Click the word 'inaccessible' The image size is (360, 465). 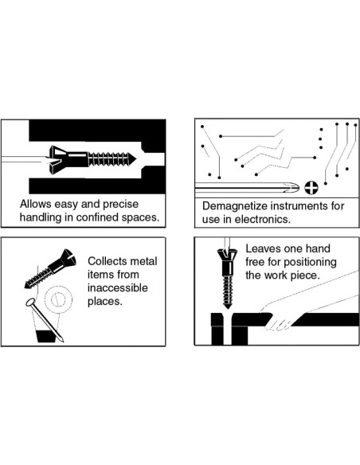(117, 288)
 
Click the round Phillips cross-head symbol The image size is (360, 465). (311, 187)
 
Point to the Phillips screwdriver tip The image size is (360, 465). (292, 187)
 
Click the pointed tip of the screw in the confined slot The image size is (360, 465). (136, 159)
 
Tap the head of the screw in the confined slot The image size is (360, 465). (59, 159)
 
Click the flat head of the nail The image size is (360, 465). (30, 303)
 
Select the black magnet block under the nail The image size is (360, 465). (46, 336)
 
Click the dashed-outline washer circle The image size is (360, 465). (58, 299)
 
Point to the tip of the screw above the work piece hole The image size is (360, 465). (228, 307)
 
